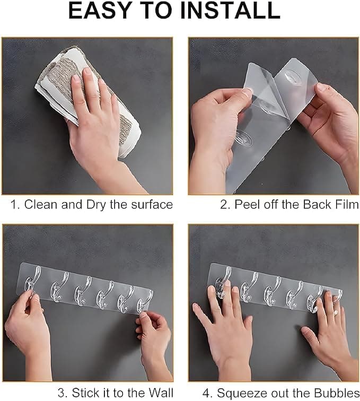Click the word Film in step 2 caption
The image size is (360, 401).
coord(346,205)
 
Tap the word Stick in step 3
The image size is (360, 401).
coord(86,393)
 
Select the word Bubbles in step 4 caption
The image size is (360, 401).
coord(331,393)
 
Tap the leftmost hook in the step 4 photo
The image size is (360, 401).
coord(222,283)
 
